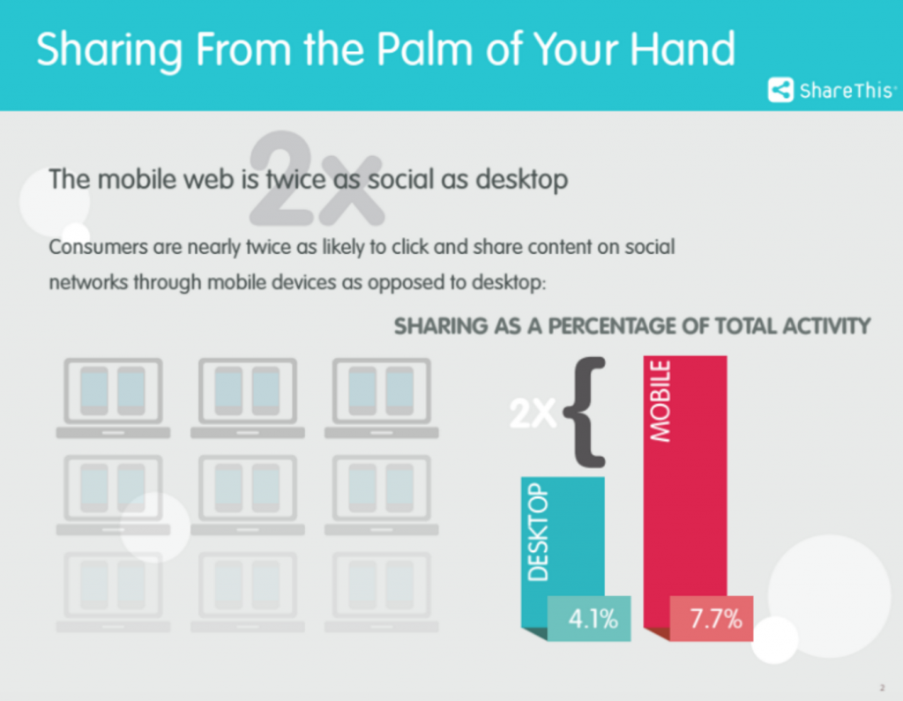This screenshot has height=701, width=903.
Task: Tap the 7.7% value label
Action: [x=716, y=619]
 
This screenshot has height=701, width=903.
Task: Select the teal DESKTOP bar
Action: [x=563, y=553]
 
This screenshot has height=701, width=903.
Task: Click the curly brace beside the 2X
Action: [x=586, y=413]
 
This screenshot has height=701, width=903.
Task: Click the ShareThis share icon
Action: [x=780, y=90]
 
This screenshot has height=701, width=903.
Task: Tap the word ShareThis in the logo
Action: [x=847, y=91]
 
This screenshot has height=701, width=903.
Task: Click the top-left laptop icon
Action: [x=113, y=398]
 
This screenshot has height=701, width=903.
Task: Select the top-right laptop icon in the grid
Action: [x=381, y=398]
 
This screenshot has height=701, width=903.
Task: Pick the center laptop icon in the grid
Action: [x=248, y=495]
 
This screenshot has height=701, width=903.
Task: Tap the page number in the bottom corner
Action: [x=882, y=688]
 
